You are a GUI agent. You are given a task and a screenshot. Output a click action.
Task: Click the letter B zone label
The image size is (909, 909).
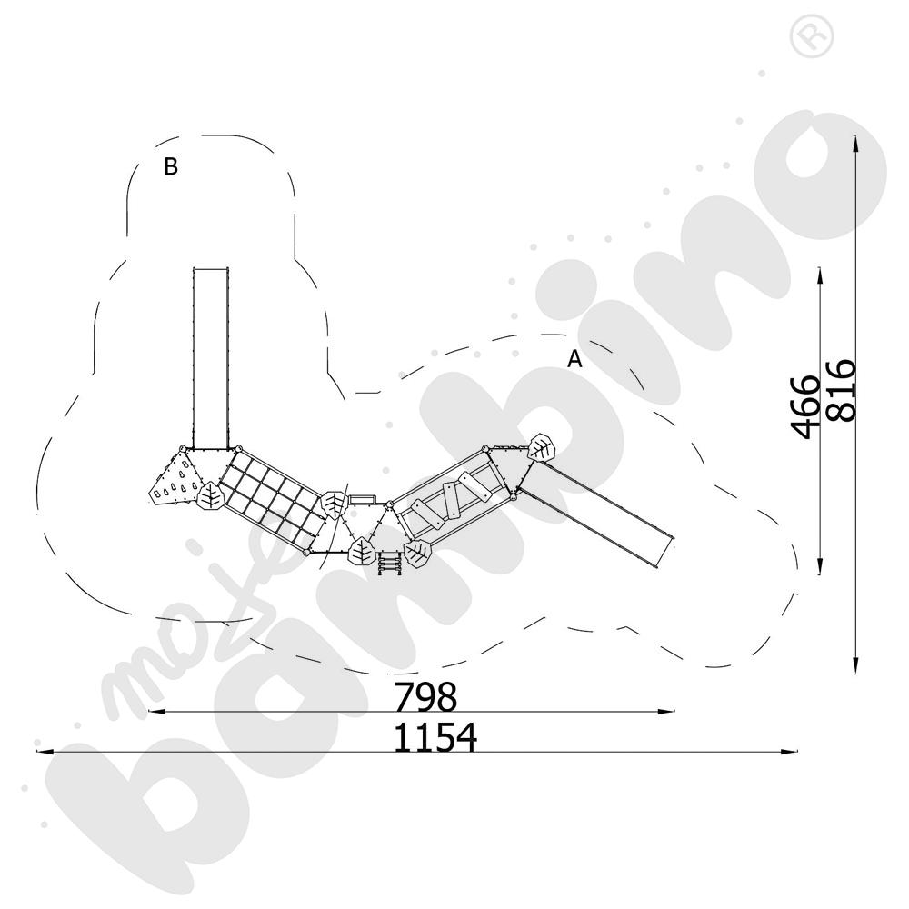(171, 166)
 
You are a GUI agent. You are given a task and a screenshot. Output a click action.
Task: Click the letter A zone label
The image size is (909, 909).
(574, 359)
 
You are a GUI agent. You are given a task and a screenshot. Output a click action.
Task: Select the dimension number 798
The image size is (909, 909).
(425, 697)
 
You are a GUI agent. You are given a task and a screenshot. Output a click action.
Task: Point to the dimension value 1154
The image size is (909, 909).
(435, 737)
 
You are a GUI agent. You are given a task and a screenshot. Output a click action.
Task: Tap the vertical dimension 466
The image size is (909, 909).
(805, 406)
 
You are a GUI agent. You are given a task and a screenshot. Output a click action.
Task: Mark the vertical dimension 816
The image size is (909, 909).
(841, 391)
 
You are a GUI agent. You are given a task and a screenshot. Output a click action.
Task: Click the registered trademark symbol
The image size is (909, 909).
(812, 36)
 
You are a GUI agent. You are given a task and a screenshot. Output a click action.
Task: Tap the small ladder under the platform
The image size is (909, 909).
(390, 563)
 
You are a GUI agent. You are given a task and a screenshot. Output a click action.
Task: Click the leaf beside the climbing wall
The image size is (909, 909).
(210, 496)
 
